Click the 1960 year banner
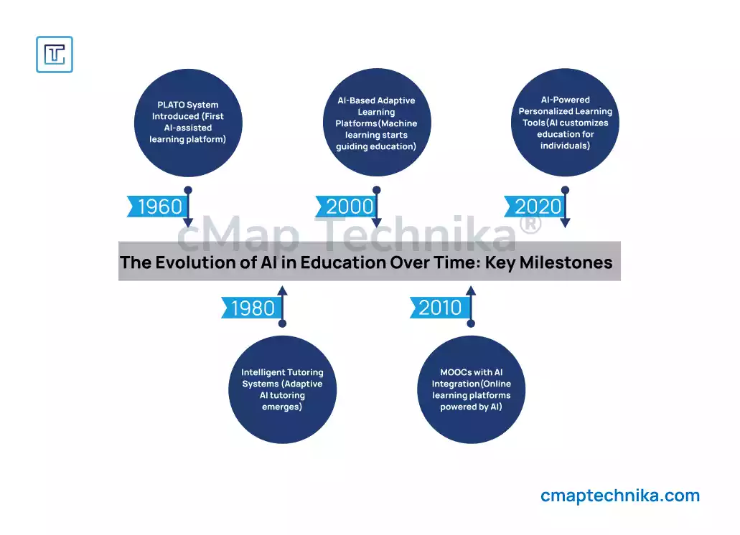pyautogui.click(x=158, y=207)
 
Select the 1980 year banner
pyautogui.click(x=251, y=308)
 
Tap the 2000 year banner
pyautogui.click(x=346, y=207)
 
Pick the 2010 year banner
pyautogui.click(x=440, y=308)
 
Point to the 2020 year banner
pyautogui.click(x=535, y=207)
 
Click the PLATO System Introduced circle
pyautogui.click(x=188, y=123)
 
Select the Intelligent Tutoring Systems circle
pyautogui.click(x=283, y=389)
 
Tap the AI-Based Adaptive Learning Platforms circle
pyautogui.click(x=377, y=123)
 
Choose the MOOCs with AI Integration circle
pyautogui.click(x=472, y=389)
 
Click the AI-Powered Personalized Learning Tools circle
pyautogui.click(x=566, y=123)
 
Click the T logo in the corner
pyautogui.click(x=55, y=55)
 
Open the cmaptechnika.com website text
pyautogui.click(x=620, y=496)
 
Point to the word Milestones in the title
pyautogui.click(x=566, y=262)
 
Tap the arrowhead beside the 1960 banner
pyautogui.click(x=188, y=222)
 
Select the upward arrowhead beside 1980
pyautogui.click(x=282, y=290)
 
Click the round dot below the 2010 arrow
pyautogui.click(x=471, y=323)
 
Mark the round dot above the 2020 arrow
pyautogui.click(x=566, y=190)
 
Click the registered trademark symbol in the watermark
pyautogui.click(x=530, y=223)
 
